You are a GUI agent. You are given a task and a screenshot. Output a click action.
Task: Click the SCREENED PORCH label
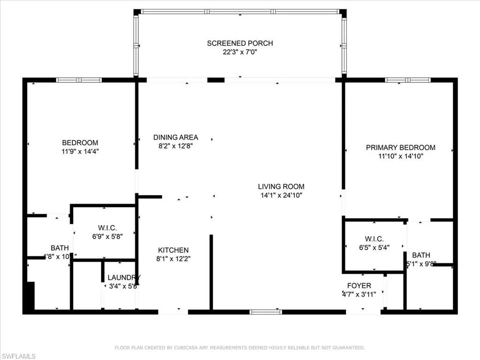pyautogui.click(x=240, y=43)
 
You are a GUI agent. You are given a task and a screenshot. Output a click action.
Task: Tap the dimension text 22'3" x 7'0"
pyautogui.click(x=240, y=52)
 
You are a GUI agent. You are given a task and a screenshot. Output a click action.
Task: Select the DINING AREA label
pyautogui.click(x=176, y=137)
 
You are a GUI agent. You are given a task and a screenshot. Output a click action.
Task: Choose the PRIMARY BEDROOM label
pyautogui.click(x=400, y=147)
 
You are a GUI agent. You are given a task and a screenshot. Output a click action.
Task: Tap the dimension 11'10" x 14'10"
pyautogui.click(x=400, y=156)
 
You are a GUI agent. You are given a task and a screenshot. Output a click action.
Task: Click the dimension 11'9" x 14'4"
pyautogui.click(x=80, y=151)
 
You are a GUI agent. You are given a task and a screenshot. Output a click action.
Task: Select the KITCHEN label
pyautogui.click(x=173, y=250)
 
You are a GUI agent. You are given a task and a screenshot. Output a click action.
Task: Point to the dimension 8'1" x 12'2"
pyautogui.click(x=173, y=258)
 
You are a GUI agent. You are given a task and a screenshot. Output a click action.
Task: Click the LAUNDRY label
pyautogui.click(x=124, y=277)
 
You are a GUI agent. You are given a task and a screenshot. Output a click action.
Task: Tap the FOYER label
pyautogui.click(x=359, y=285)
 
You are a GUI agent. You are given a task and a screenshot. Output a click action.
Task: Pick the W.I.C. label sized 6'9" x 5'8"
pyautogui.click(x=104, y=228)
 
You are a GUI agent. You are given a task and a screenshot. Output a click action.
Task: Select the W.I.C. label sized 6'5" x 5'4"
pyautogui.click(x=374, y=238)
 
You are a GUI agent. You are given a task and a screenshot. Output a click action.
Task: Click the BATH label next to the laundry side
pyautogui.click(x=60, y=247)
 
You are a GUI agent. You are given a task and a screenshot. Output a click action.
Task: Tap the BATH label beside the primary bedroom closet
pyautogui.click(x=421, y=255)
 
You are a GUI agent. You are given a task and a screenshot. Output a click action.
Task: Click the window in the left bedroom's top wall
pyautogui.click(x=79, y=80)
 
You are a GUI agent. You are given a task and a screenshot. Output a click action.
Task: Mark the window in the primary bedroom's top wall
pyautogui.click(x=407, y=80)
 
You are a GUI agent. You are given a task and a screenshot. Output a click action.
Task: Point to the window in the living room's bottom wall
pyautogui.click(x=265, y=312)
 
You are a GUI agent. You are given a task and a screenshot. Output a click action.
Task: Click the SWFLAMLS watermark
pyautogui.click(x=18, y=356)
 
